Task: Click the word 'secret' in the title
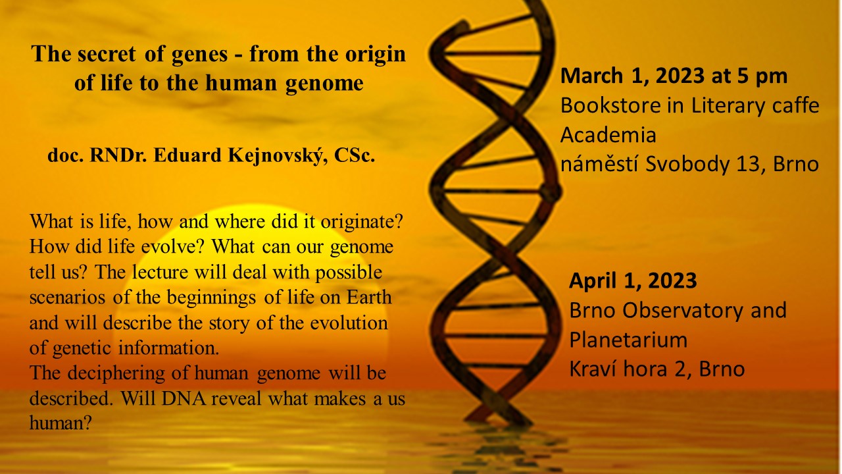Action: click(x=107, y=54)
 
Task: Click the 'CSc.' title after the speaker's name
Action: click(x=355, y=155)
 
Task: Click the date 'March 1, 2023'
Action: click(x=633, y=76)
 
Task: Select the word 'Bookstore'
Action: click(x=610, y=105)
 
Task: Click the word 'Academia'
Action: click(x=608, y=135)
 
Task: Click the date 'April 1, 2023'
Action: click(x=633, y=280)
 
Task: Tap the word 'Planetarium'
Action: click(x=628, y=340)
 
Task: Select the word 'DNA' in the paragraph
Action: click(x=184, y=398)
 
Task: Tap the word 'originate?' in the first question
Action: click(x=362, y=222)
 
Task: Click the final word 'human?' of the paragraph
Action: click(x=61, y=423)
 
